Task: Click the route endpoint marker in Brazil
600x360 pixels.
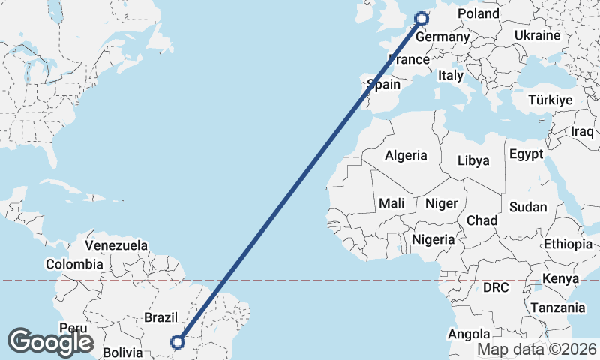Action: click(178, 341)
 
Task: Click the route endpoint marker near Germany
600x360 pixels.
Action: click(421, 19)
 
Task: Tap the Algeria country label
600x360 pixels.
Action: click(406, 156)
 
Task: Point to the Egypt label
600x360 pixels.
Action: click(525, 154)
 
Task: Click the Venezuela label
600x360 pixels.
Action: click(116, 245)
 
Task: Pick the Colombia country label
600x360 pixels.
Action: click(74, 264)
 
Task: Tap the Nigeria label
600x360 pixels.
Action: click(433, 239)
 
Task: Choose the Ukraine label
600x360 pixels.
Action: click(537, 35)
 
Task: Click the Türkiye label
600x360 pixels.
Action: click(550, 100)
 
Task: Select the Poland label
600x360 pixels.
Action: click(478, 14)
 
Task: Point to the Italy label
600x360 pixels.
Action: click(451, 75)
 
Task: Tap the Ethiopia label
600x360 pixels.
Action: click(568, 244)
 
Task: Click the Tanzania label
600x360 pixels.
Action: click(557, 307)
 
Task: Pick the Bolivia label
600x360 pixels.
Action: click(121, 352)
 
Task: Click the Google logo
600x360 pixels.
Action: click(50, 342)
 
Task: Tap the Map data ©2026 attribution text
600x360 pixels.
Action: click(537, 349)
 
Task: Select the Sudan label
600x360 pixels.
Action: click(528, 207)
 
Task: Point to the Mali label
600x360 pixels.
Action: click(391, 203)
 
